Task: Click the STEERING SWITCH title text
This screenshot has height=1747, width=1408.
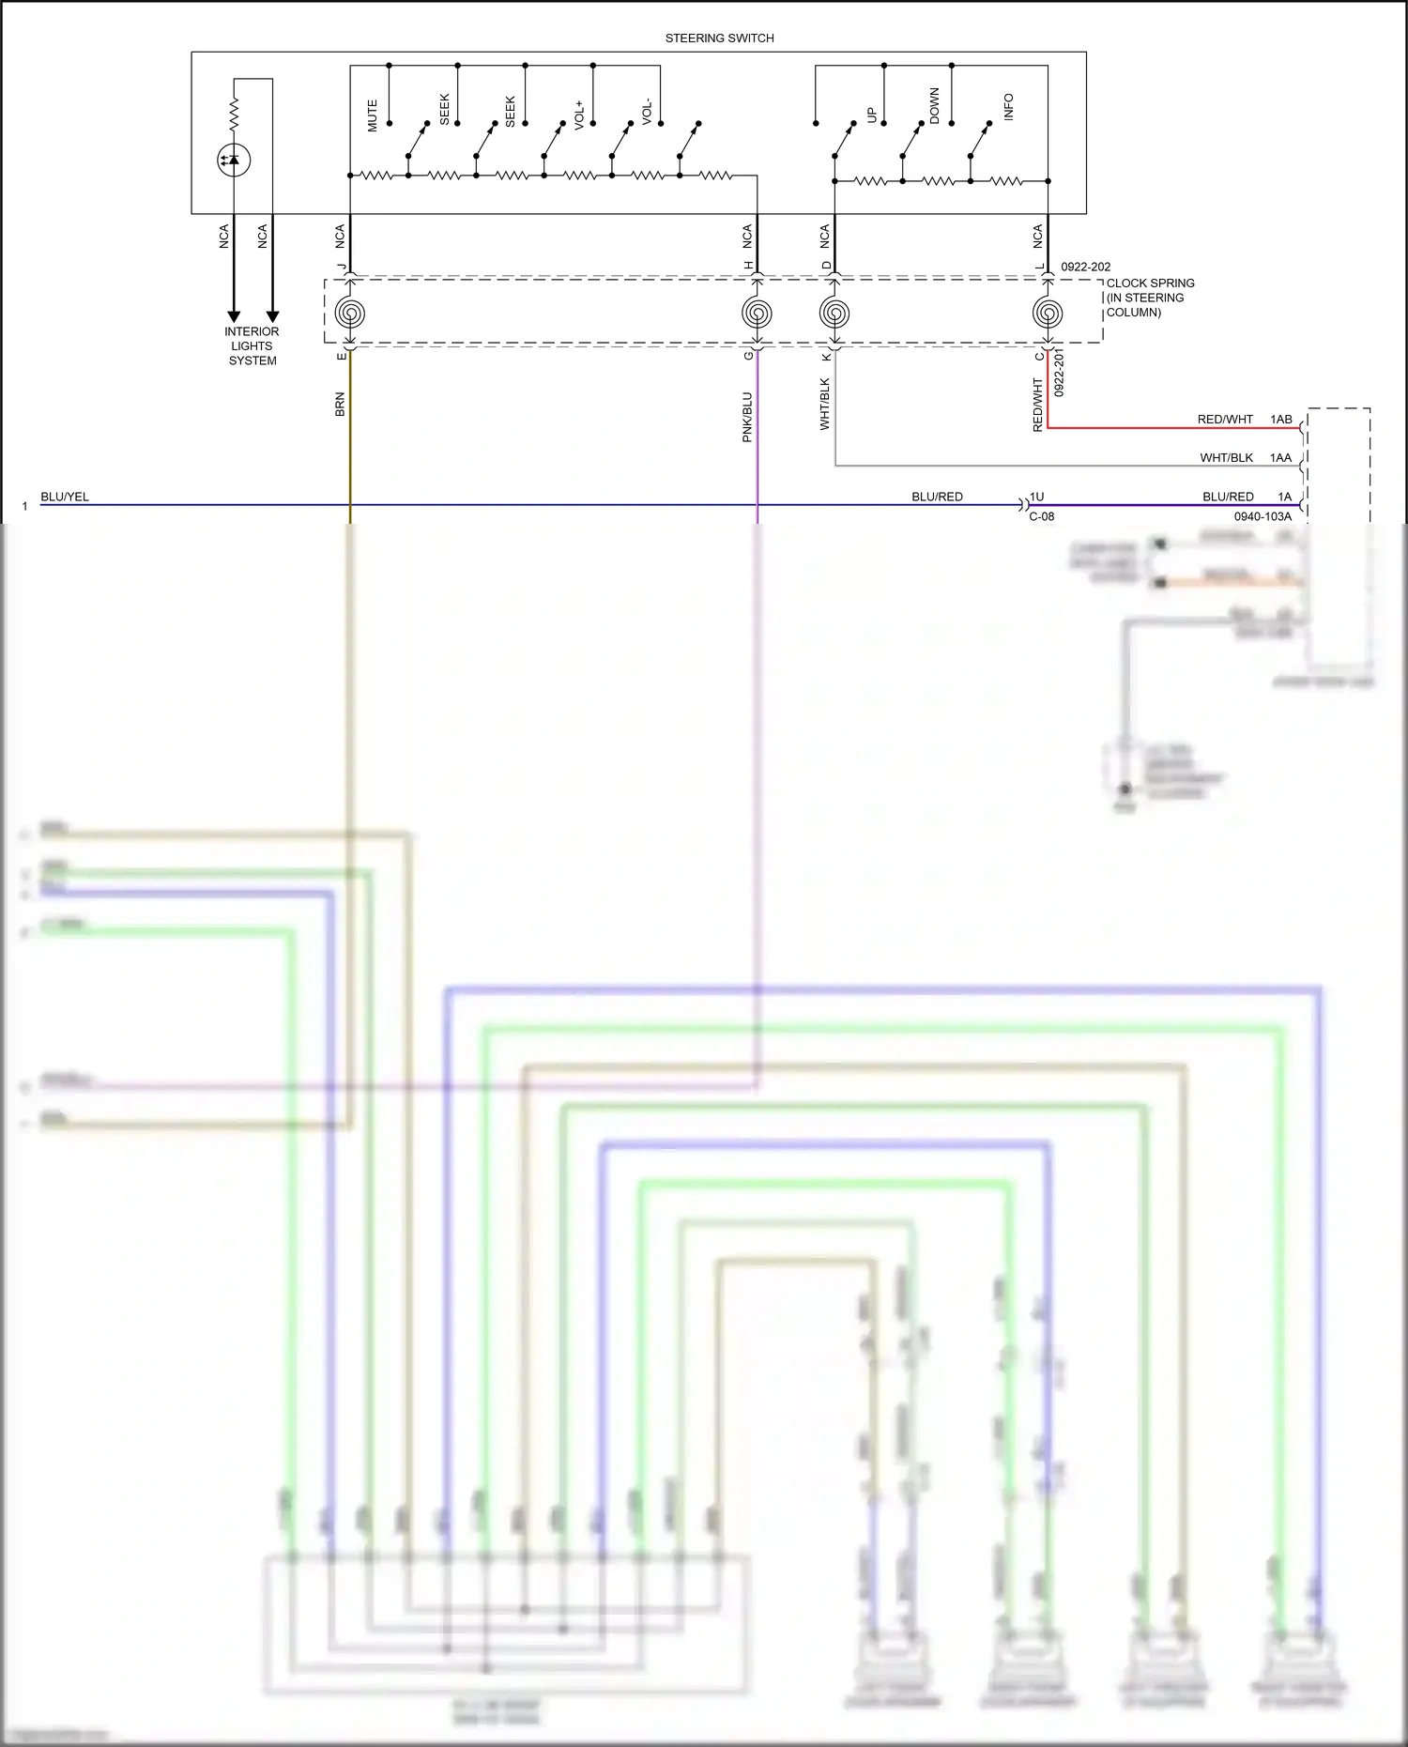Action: tap(719, 38)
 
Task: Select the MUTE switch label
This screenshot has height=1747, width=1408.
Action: tap(373, 115)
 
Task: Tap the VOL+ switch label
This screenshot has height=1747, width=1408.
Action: tap(579, 115)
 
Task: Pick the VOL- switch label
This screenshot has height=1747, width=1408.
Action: tap(647, 112)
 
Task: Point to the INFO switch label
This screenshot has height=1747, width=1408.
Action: tap(1009, 107)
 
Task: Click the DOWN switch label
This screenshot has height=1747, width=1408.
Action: tap(934, 106)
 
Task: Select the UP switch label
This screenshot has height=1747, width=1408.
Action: tap(872, 115)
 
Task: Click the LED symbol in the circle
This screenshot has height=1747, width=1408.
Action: tap(234, 161)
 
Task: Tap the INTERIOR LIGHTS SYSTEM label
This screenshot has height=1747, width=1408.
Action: tap(252, 346)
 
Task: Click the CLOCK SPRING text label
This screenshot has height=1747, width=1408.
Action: tap(1150, 284)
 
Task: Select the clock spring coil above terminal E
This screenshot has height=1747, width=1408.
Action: tap(350, 313)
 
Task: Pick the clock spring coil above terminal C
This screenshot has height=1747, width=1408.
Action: tap(1048, 313)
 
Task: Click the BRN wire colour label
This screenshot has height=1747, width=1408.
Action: tap(340, 405)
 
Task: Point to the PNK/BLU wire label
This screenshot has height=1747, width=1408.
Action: tap(747, 417)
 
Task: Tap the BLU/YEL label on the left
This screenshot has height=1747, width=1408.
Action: tap(65, 497)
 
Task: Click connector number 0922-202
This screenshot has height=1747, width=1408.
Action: tap(1086, 267)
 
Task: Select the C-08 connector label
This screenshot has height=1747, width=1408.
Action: tap(1042, 516)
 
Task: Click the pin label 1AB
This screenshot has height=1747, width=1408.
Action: tap(1281, 420)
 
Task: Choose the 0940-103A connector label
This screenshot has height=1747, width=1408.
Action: tap(1263, 516)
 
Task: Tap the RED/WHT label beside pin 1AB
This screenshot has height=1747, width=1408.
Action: tap(1225, 420)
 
